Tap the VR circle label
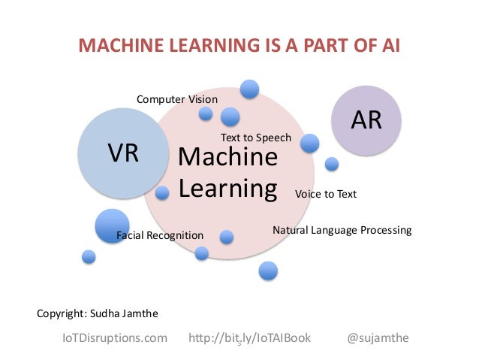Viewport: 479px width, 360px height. tap(122, 153)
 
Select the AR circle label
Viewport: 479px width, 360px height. tap(367, 120)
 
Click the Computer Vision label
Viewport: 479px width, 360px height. tap(176, 99)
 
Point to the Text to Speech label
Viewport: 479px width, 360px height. tap(255, 138)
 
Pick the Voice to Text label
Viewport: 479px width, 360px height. tap(325, 194)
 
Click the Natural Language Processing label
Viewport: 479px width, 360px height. tap(342, 230)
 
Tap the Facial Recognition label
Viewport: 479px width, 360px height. tap(160, 236)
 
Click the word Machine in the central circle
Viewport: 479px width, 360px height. tap(227, 158)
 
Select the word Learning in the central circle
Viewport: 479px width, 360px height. tap(227, 187)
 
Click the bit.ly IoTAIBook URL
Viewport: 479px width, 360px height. tap(252, 338)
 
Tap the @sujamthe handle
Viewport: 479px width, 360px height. tap(378, 338)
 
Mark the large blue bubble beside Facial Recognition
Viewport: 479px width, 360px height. tap(112, 225)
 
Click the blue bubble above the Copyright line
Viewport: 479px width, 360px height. tap(89, 256)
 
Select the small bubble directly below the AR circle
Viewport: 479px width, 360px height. tap(332, 163)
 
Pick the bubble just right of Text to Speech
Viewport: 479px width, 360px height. tap(309, 143)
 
